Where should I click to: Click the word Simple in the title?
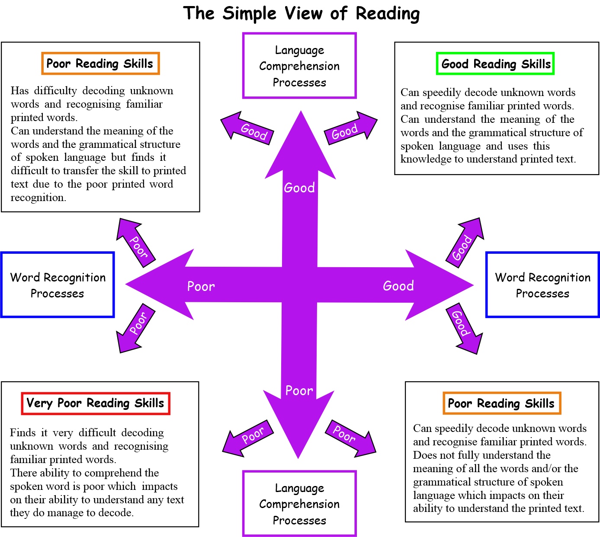pyautogui.click(x=249, y=13)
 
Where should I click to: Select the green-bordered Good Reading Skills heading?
pyautogui.click(x=495, y=64)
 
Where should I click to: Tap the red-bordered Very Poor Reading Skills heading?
pyautogui.click(x=96, y=403)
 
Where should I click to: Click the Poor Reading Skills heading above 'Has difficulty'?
pyautogui.click(x=100, y=64)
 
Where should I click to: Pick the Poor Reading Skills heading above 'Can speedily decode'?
pyautogui.click(x=501, y=403)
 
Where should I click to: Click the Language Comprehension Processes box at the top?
pyautogui.click(x=299, y=66)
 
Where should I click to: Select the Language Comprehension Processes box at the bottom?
pyautogui.click(x=299, y=504)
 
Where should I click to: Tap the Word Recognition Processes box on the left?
pyautogui.click(x=58, y=285)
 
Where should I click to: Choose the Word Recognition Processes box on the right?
pyautogui.click(x=542, y=285)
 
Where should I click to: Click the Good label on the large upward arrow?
pyautogui.click(x=299, y=188)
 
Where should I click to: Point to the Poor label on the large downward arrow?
pyautogui.click(x=299, y=391)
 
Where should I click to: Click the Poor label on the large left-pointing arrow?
pyautogui.click(x=201, y=286)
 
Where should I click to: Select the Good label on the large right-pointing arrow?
pyautogui.click(x=398, y=286)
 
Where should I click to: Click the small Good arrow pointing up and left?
pyautogui.click(x=248, y=129)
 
